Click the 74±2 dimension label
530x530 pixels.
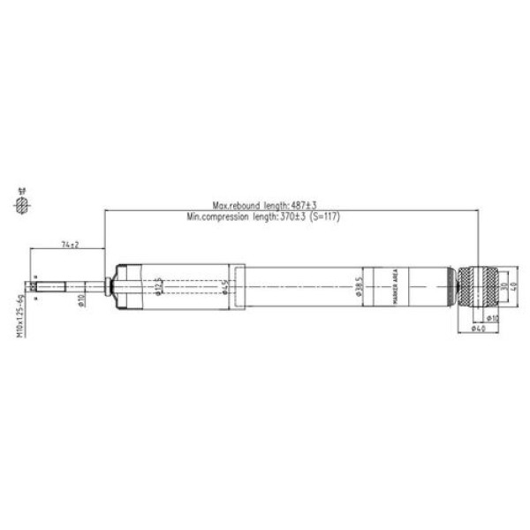71,243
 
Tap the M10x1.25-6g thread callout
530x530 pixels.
19,313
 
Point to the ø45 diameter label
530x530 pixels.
227,287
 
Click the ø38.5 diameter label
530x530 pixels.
359,288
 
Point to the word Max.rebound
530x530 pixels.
234,205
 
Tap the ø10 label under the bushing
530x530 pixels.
492,316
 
